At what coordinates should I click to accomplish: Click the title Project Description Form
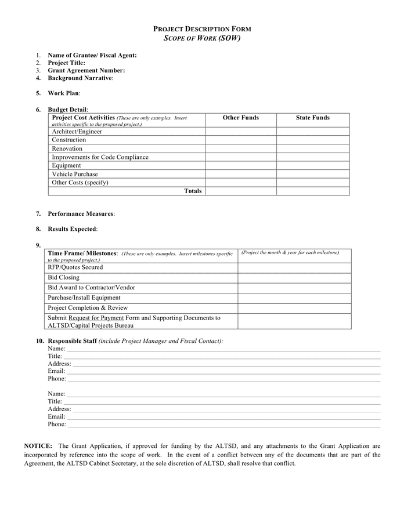[x=201, y=29]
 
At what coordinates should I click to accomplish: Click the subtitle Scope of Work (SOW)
[x=201, y=38]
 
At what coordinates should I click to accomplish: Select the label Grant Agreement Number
[x=86, y=70]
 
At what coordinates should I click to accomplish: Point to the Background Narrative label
[x=80, y=78]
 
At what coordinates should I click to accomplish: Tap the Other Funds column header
[x=240, y=118]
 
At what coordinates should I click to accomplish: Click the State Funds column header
[x=312, y=118]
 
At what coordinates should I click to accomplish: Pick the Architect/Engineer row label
[x=77, y=132]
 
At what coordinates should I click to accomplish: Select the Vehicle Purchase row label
[x=75, y=174]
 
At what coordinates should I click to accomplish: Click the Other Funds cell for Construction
[x=240, y=140]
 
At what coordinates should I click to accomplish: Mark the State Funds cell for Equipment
[x=312, y=165]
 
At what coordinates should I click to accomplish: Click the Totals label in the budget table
[x=193, y=191]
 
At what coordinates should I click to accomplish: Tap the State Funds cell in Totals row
[x=312, y=191]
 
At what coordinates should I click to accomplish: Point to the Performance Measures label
[x=81, y=213]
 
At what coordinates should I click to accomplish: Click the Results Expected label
[x=72, y=229]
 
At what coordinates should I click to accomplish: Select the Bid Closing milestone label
[x=64, y=277]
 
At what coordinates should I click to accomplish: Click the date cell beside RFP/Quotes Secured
[x=294, y=267]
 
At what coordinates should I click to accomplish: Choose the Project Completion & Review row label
[x=88, y=307]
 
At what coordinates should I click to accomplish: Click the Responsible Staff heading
[x=72, y=340]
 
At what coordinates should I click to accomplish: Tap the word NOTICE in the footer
[x=38, y=446]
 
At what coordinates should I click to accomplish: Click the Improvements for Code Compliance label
[x=100, y=157]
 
